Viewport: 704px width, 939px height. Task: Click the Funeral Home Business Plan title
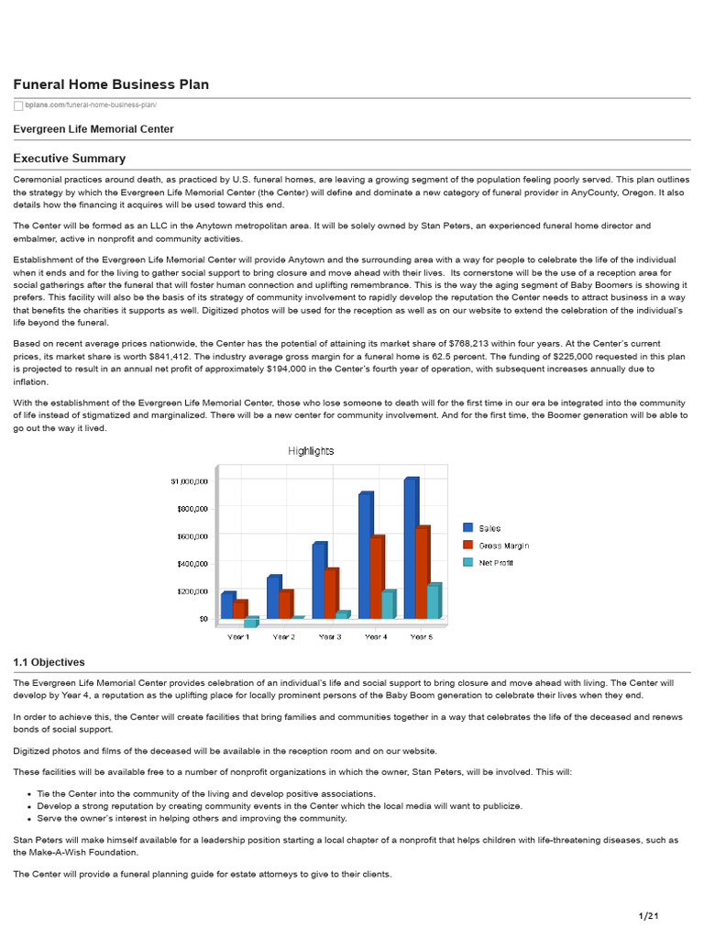pos(111,84)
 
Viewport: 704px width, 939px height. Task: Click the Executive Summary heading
pos(69,159)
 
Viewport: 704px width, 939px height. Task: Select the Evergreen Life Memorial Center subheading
pos(93,129)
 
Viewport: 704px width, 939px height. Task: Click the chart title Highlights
pos(311,451)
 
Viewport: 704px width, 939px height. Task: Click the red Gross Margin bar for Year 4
pos(375,577)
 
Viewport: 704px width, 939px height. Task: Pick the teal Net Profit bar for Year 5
pos(433,601)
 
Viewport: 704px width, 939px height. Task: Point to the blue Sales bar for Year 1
pos(227,605)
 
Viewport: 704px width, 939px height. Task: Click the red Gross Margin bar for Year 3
pos(329,593)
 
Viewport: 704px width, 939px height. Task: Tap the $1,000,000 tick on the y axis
pos(189,481)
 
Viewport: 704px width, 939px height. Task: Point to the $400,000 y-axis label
pos(191,563)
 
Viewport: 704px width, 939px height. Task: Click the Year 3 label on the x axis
pos(329,636)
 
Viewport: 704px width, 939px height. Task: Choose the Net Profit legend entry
pos(496,562)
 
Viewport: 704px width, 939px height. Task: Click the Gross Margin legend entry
pos(503,546)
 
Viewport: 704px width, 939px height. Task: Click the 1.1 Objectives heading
pos(49,662)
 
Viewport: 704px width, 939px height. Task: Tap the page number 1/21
pos(649,916)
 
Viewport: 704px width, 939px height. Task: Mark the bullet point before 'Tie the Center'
pos(30,793)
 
